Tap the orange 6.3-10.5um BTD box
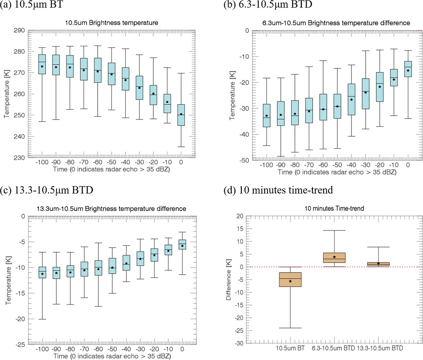[x=334, y=258]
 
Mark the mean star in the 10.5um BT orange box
[x=290, y=281]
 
